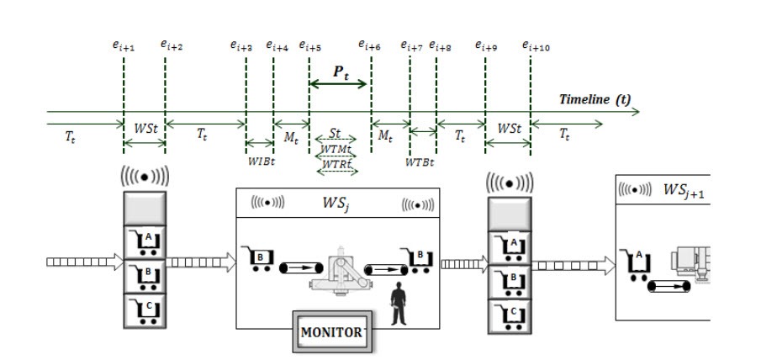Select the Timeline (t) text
[595, 99]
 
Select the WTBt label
[419, 160]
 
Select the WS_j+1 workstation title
[683, 190]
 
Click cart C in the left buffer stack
[146, 310]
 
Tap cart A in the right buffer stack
[510, 243]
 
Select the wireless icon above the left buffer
[145, 178]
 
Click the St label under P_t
[335, 134]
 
